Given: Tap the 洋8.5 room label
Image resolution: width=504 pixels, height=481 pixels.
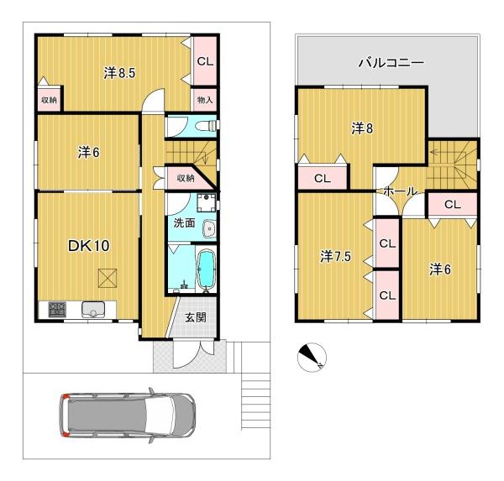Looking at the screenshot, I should tap(120, 74).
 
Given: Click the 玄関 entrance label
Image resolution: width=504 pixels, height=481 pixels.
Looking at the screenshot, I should tap(195, 317).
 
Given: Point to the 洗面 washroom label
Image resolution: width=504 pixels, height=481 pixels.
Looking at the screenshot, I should tap(184, 223).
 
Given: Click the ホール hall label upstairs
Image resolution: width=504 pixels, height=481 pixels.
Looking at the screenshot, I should tap(400, 192).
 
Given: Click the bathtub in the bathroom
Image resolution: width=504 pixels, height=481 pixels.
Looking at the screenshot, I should tap(205, 271).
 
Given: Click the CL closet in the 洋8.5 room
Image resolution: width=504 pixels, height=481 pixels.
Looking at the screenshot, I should tap(205, 61).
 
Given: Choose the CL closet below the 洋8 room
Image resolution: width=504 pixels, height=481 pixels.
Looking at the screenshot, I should tap(321, 178).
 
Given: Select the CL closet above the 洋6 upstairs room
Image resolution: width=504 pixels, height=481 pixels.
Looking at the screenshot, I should tap(452, 204).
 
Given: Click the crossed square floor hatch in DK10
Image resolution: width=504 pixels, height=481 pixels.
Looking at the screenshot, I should tap(108, 277).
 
